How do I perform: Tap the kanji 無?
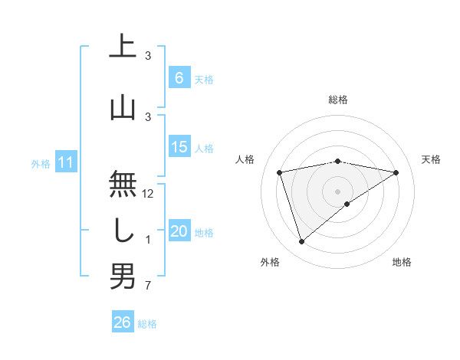(123, 184)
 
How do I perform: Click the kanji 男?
(123, 276)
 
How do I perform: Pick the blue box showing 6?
(179, 78)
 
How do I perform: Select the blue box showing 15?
(179, 148)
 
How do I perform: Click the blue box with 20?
(179, 232)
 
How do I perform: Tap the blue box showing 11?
(66, 163)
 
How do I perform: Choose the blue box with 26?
(123, 322)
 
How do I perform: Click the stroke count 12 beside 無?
(149, 194)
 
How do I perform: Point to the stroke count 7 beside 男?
(148, 286)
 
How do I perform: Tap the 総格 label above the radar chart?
(338, 100)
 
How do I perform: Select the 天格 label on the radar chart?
(431, 159)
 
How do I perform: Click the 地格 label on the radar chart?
(402, 262)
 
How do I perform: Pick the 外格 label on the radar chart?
(270, 262)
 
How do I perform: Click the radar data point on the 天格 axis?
(396, 172)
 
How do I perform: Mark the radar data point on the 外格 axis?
(301, 242)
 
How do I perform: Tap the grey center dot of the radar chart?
(337, 191)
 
